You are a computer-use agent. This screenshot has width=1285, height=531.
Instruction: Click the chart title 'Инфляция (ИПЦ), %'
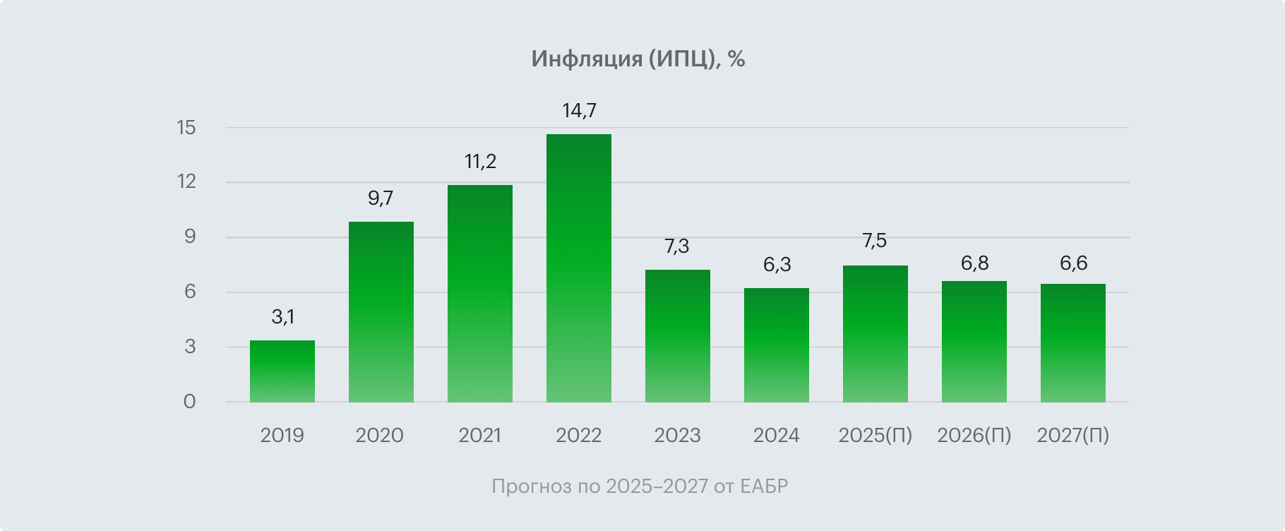[x=638, y=59]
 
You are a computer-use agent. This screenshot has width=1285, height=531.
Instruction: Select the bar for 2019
[x=282, y=371]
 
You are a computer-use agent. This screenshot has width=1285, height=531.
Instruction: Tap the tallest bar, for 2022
[x=579, y=268]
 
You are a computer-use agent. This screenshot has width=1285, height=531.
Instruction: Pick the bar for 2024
[x=777, y=345]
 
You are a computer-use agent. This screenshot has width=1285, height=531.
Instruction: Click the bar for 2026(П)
[x=974, y=342]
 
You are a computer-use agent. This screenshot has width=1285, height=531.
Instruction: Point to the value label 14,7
[x=579, y=111]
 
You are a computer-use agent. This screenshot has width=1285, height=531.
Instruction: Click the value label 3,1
[x=282, y=317]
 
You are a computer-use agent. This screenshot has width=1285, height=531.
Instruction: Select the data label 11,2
[x=480, y=162]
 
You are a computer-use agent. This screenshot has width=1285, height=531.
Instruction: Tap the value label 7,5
[x=875, y=241]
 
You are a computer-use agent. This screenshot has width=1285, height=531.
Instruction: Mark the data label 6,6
[x=1073, y=263]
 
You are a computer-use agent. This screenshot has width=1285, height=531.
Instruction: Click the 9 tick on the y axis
[x=190, y=237]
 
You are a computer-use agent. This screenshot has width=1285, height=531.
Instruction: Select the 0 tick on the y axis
[x=189, y=402]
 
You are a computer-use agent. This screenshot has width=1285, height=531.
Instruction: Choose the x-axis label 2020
[x=380, y=435]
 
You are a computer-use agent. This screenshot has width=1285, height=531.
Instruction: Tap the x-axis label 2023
[x=677, y=435]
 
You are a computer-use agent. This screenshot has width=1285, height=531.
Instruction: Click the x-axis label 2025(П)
[x=875, y=435]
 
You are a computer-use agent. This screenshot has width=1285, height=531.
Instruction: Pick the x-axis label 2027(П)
[x=1073, y=435]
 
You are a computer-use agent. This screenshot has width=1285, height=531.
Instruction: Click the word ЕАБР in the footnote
[x=765, y=487]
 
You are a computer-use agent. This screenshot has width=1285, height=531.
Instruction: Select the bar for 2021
[x=480, y=294]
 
